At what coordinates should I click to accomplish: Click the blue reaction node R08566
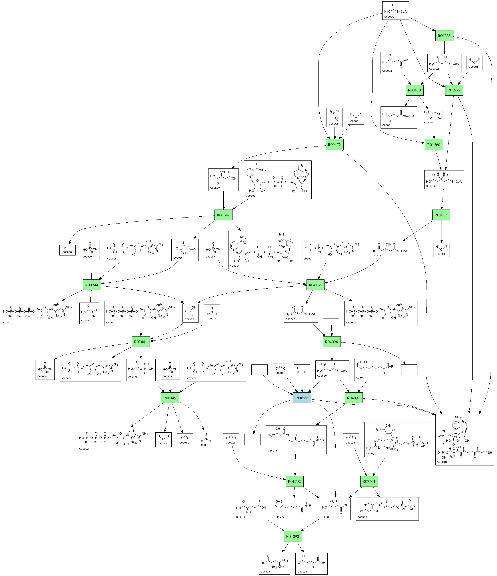(302, 398)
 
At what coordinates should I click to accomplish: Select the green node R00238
(444, 36)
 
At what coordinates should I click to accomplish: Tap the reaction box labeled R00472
(334, 144)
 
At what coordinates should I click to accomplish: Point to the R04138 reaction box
(315, 285)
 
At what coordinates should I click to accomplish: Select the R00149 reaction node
(170, 398)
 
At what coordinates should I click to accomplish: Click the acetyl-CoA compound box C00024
(395, 11)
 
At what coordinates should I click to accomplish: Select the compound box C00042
(395, 63)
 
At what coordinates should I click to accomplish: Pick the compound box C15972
(293, 509)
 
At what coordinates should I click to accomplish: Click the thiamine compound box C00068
(387, 509)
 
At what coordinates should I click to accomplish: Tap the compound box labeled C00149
(223, 180)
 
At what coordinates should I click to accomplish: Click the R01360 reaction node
(434, 144)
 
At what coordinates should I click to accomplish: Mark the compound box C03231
(389, 250)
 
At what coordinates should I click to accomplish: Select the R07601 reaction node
(369, 481)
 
